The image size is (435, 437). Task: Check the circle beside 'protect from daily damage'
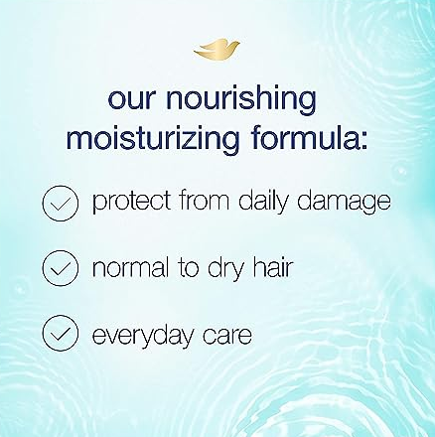[61, 203]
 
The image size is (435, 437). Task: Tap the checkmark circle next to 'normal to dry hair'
[61, 268]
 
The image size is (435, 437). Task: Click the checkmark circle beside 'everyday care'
[61, 334]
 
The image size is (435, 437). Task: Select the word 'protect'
[132, 202]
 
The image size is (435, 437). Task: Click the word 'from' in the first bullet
[204, 200]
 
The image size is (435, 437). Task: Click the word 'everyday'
[143, 335]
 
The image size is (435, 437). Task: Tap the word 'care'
[227, 336]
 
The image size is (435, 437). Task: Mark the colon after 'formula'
[363, 141]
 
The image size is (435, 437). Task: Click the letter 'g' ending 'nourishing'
[307, 102]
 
